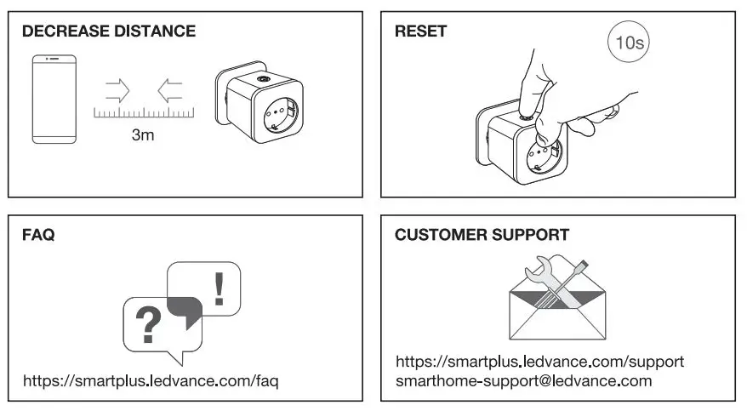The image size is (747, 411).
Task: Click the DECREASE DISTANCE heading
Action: click(108, 32)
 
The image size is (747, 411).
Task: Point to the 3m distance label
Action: click(143, 134)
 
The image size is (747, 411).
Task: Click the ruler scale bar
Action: click(143, 112)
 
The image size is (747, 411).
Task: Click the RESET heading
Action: click(420, 32)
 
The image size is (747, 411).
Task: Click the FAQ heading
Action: click(38, 235)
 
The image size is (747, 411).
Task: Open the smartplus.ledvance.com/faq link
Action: click(151, 380)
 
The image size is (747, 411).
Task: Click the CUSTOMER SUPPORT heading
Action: click(482, 235)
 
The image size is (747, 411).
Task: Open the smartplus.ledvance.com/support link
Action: click(539, 362)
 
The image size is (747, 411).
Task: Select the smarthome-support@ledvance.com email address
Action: click(523, 380)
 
